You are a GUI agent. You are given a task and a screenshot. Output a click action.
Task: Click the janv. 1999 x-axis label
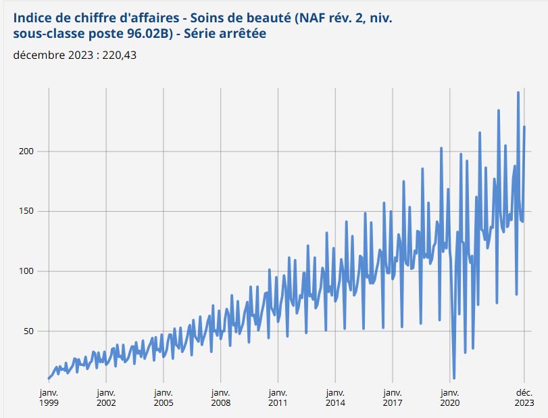tap(49, 397)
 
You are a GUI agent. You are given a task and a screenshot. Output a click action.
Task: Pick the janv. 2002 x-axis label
tap(106, 397)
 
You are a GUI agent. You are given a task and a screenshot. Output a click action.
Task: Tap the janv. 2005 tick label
tap(163, 397)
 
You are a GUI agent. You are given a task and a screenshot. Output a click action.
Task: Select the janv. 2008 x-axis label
tap(220, 397)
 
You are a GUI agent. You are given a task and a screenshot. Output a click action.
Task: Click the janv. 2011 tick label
tap(277, 397)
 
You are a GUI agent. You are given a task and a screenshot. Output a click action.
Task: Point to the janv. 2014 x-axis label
tap(334, 397)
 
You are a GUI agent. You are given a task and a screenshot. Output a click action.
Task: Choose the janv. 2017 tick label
tap(391, 397)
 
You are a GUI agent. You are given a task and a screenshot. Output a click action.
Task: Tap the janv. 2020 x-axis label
tap(449, 397)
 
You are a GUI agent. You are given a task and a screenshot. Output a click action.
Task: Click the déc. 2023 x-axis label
tap(524, 397)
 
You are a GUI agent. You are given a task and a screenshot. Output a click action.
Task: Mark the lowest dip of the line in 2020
tap(454, 378)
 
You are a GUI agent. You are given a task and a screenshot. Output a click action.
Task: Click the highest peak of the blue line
tap(518, 93)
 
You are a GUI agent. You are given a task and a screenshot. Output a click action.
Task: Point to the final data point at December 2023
tap(524, 127)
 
